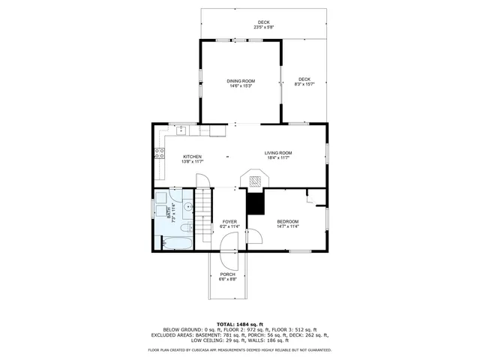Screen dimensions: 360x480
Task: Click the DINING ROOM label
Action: coord(241,82)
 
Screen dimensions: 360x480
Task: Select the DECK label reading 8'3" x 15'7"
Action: coord(304,81)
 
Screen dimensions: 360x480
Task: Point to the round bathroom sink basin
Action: coord(187,205)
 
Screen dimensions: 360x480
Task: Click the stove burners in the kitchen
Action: coord(160,154)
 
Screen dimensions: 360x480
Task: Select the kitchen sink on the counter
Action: coord(181,130)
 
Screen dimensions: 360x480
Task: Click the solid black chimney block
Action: coord(256,203)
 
